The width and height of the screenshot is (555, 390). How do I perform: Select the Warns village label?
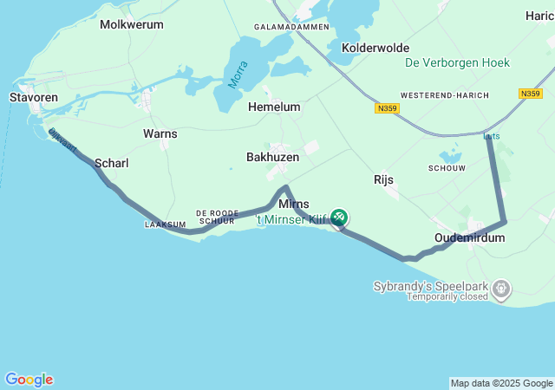[160, 133]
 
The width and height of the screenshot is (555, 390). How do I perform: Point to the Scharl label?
[111, 163]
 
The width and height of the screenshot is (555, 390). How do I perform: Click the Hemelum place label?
[274, 107]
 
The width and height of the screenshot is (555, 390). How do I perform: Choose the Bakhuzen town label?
[272, 157]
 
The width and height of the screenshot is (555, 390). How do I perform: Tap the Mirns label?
[294, 204]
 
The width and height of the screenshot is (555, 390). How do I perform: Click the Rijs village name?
[383, 179]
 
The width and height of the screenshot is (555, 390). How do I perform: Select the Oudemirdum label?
[469, 237]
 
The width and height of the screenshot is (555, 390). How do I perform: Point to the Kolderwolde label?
[375, 48]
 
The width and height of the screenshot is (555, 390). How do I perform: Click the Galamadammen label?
[291, 27]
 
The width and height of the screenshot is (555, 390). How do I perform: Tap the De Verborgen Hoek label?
[457, 62]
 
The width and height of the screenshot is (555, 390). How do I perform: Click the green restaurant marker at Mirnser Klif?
[339, 217]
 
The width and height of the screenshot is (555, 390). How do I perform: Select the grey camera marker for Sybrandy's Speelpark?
[501, 286]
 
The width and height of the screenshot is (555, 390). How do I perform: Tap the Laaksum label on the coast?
[165, 224]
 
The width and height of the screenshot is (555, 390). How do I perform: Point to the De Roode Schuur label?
[218, 217]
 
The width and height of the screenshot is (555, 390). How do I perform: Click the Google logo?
[29, 380]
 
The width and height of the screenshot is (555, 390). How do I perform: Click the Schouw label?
[447, 167]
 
